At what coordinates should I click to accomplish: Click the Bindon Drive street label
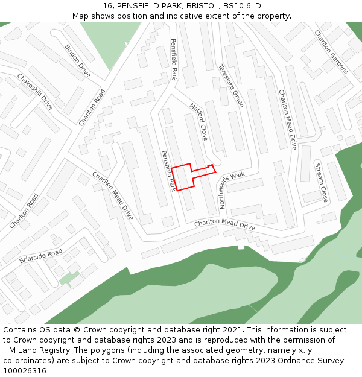point(77,61)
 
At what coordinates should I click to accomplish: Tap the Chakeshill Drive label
point(35,92)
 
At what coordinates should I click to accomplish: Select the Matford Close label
point(198,121)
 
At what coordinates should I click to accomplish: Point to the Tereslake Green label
point(231,86)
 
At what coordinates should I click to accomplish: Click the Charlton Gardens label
point(331,52)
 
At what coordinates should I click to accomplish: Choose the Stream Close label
point(322,182)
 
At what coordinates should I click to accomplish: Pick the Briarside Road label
point(40,256)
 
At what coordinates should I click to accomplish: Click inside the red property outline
point(182,178)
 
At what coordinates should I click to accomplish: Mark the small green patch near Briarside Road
point(69,278)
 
